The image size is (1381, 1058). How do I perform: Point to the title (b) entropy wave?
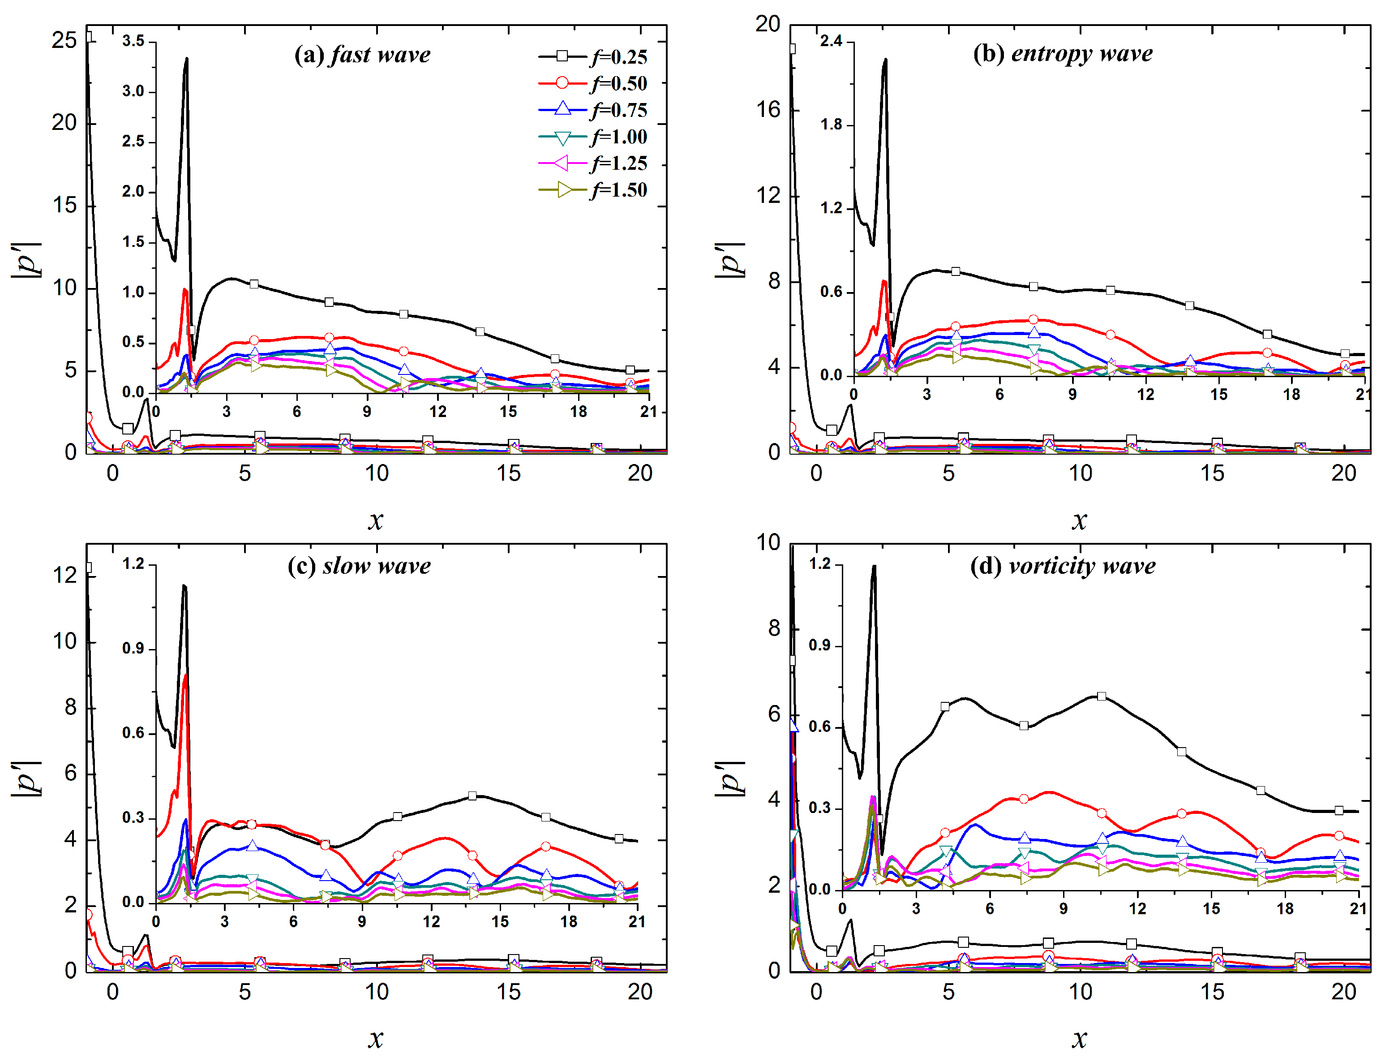(x=1063, y=54)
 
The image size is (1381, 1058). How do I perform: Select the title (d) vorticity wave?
(x=1063, y=566)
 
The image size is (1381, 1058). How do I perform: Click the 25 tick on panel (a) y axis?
(x=64, y=40)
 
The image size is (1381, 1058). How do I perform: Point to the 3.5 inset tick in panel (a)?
(x=133, y=41)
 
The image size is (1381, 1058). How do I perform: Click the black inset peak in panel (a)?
(x=186, y=59)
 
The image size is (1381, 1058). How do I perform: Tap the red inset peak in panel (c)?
(x=185, y=676)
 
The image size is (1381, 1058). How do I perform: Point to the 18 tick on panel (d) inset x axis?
(x=1285, y=909)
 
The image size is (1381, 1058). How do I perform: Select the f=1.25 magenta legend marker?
(x=562, y=163)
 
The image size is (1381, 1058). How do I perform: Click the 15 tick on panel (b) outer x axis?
(x=1212, y=473)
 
